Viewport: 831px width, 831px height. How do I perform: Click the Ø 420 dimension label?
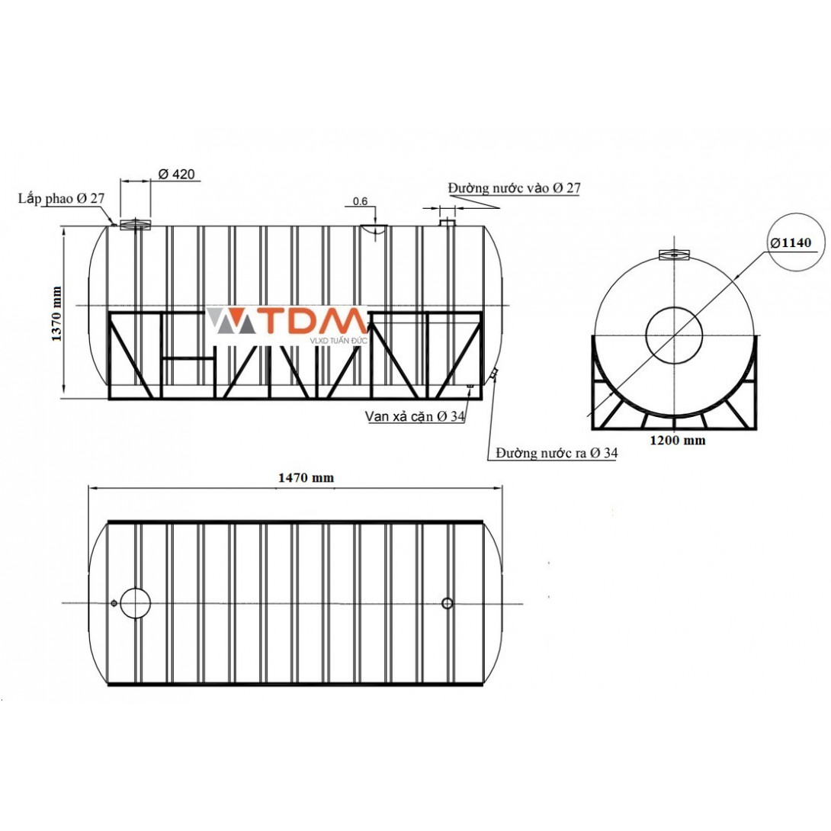coord(176,174)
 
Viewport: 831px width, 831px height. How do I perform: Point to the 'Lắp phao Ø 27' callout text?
coord(62,199)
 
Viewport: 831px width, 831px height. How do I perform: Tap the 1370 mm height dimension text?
coord(56,314)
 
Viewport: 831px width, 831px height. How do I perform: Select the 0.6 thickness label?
coord(360,201)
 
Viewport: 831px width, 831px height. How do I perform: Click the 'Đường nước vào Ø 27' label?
coord(514,188)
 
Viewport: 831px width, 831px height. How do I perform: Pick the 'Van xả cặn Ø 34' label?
coord(415,416)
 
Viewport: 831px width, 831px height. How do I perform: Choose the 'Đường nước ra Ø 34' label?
coord(557,453)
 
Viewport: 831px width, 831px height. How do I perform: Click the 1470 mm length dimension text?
coord(306,477)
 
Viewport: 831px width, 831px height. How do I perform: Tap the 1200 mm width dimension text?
coord(678,440)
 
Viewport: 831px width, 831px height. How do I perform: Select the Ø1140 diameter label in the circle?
coord(791,242)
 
